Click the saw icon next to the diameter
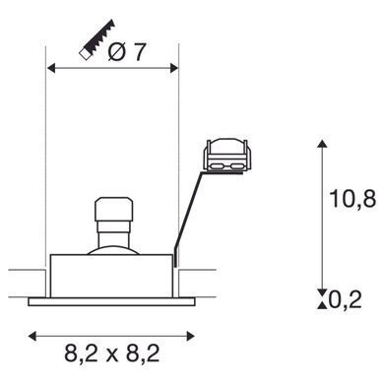click(x=96, y=40)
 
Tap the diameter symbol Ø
click(x=117, y=52)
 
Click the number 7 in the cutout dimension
click(x=139, y=52)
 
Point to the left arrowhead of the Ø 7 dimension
click(x=51, y=68)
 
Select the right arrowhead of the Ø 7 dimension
click(x=174, y=68)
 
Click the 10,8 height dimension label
click(x=352, y=199)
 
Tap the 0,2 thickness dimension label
click(x=345, y=299)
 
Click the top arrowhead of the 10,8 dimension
click(x=323, y=144)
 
